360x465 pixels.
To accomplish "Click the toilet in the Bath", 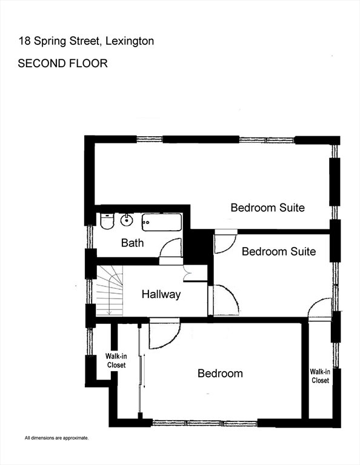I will click(x=107, y=222).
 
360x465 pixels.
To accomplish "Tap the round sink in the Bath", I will click(x=127, y=220).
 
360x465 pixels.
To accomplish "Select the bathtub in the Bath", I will click(x=161, y=222).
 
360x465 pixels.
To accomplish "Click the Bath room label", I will click(x=132, y=243).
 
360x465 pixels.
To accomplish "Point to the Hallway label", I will click(x=161, y=295).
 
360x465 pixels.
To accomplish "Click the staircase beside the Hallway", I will click(x=109, y=290).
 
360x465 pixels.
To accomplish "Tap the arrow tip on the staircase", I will click(x=108, y=312).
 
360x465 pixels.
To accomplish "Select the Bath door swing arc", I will click(x=173, y=248).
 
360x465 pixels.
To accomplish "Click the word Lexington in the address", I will click(x=130, y=41).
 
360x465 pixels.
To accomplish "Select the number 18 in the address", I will click(x=24, y=41).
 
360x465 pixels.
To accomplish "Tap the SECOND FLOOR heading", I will click(x=63, y=63).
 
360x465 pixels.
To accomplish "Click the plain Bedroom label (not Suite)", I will click(x=220, y=374).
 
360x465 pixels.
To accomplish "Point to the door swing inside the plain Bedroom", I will click(x=164, y=335).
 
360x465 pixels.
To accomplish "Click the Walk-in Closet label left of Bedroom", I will click(x=116, y=361).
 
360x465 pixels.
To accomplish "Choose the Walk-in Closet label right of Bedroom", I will click(x=320, y=376).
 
